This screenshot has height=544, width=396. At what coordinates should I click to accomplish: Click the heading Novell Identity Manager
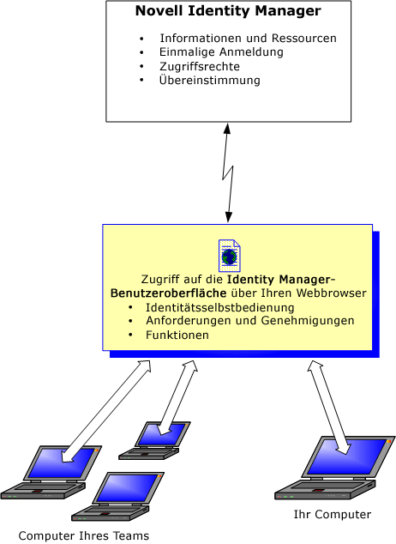click(x=228, y=11)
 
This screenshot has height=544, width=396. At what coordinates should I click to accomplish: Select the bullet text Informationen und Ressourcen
click(x=248, y=38)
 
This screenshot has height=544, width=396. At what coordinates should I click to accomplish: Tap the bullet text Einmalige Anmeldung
click(x=221, y=52)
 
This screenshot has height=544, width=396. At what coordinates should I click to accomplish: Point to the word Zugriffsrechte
click(x=200, y=66)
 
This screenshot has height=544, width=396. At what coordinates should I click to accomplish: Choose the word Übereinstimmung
click(x=210, y=80)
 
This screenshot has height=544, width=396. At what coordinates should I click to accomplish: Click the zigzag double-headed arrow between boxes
click(x=228, y=172)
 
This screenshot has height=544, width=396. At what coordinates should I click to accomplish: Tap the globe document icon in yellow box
click(x=230, y=256)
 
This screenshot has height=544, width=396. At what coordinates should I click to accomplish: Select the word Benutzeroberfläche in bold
click(x=168, y=293)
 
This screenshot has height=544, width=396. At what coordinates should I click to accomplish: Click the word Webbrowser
click(x=331, y=293)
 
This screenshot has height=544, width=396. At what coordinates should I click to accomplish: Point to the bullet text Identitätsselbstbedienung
click(x=219, y=308)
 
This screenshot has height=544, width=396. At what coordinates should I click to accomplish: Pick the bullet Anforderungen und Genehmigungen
click(x=249, y=321)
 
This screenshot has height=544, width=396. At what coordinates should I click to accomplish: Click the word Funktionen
click(x=177, y=335)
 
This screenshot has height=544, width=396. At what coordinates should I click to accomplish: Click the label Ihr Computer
click(x=333, y=514)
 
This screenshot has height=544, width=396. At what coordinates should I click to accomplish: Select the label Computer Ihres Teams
click(x=84, y=535)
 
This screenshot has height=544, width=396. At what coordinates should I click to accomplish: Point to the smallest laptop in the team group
click(x=154, y=441)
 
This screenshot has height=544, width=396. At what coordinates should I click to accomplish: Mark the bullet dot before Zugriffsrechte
click(x=141, y=66)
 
